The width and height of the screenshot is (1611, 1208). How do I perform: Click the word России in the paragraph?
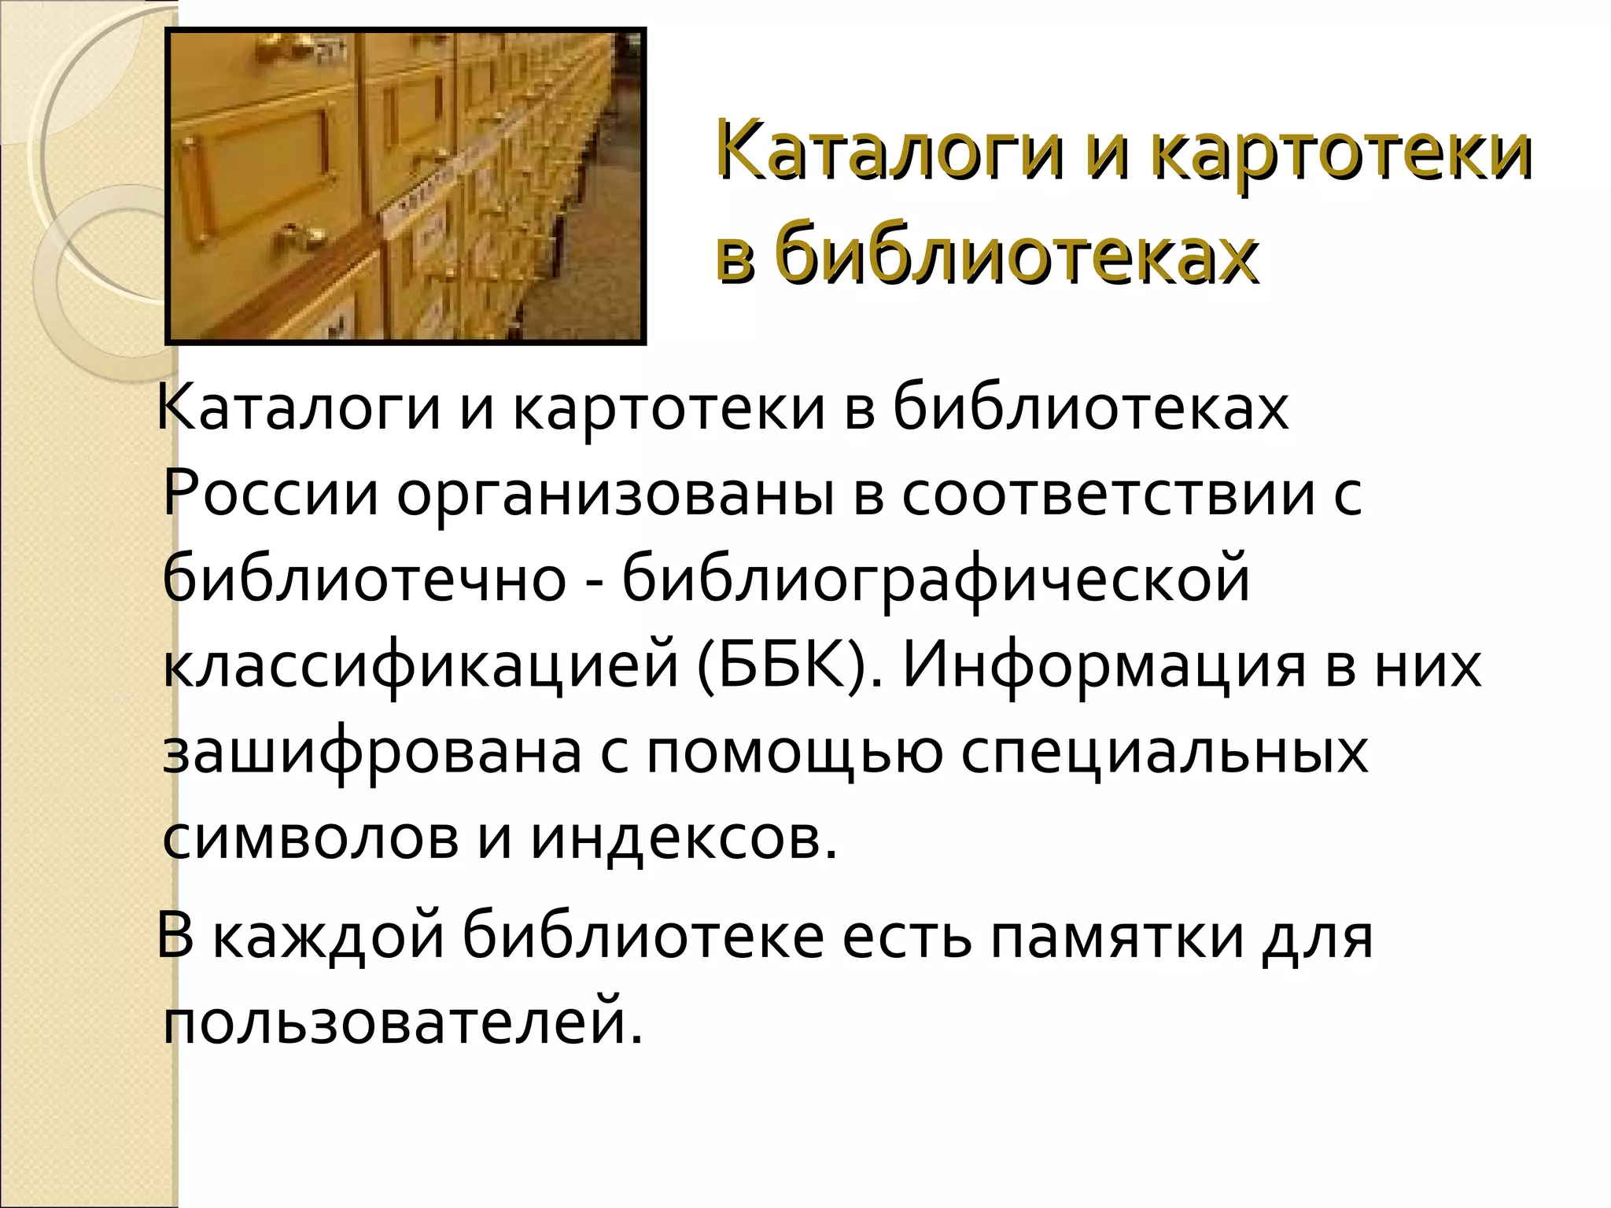(x=271, y=495)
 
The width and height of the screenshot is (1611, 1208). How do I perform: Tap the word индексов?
(x=683, y=838)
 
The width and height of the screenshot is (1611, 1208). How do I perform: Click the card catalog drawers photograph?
(x=406, y=186)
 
